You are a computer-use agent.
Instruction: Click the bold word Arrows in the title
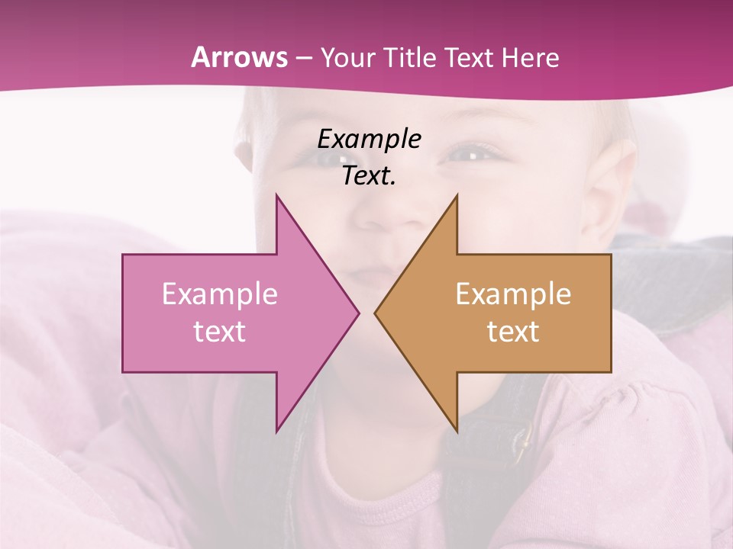(240, 57)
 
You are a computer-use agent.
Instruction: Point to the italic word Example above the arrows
(369, 140)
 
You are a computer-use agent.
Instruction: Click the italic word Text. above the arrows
(369, 176)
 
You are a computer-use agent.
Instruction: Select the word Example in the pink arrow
(220, 294)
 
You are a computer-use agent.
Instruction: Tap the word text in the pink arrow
(220, 332)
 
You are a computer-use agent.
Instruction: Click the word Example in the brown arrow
(513, 294)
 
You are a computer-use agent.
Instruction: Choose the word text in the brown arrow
(513, 332)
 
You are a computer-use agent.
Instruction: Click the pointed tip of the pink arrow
(358, 313)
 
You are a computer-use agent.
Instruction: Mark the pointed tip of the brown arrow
(376, 313)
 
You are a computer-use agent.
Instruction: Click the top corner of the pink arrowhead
(276, 195)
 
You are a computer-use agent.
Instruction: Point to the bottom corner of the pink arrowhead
(276, 431)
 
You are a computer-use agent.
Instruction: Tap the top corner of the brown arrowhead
(457, 195)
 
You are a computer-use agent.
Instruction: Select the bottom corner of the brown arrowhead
(457, 431)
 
